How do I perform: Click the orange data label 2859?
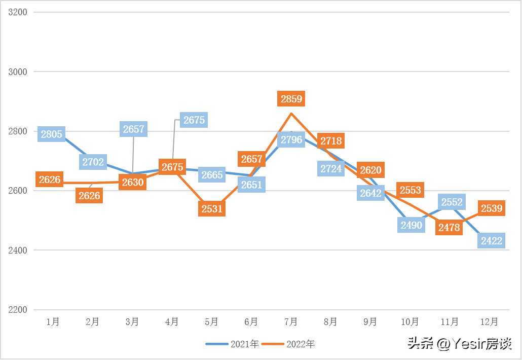coord(291,99)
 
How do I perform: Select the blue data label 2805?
coord(51,134)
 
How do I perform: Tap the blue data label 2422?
coord(492,241)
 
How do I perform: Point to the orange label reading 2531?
coord(212,209)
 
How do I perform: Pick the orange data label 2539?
coord(492,208)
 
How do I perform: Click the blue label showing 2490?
coord(411,225)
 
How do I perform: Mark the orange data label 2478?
coord(449,228)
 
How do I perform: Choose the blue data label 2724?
coord(331,168)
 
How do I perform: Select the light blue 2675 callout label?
coord(194,120)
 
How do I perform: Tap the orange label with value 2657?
coord(252,159)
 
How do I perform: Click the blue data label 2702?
coord(93,162)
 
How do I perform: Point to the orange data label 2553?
coord(411,190)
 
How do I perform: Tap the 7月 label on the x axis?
coord(291,321)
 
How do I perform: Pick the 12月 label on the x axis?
coord(490,321)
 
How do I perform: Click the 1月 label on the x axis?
coord(53,321)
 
